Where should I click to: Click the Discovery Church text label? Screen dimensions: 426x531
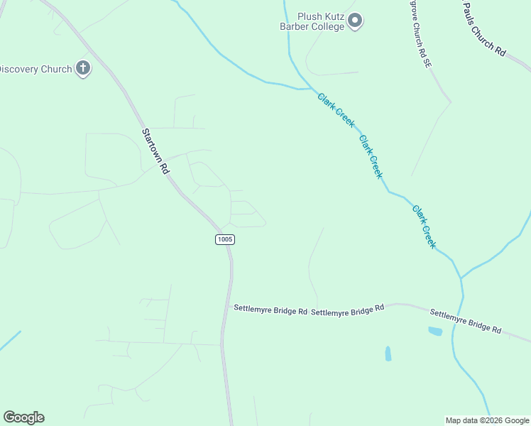(35, 69)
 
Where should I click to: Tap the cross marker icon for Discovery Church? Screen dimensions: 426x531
(83, 69)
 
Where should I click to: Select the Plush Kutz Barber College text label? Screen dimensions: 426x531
(312, 21)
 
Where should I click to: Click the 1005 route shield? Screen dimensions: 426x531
(224, 239)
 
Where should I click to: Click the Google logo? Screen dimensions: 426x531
(23, 417)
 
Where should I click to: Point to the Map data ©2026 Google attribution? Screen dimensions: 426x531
(487, 420)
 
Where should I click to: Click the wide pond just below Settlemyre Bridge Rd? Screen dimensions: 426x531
(435, 331)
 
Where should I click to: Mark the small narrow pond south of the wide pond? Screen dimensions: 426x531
(388, 353)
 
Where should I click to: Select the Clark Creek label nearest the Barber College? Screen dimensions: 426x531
(336, 110)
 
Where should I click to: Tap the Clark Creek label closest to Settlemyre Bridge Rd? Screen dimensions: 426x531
(424, 226)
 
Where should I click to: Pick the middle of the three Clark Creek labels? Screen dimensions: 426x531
(371, 157)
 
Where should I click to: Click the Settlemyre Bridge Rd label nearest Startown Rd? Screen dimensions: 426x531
(270, 310)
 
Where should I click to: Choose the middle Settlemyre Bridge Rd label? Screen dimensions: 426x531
(347, 310)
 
